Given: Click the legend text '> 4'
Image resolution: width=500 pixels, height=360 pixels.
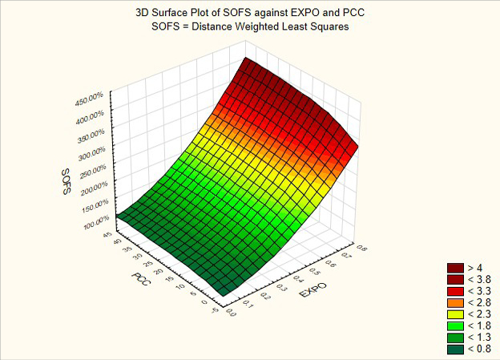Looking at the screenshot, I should (475, 267).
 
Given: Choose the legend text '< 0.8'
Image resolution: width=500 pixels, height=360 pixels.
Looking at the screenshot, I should (479, 349).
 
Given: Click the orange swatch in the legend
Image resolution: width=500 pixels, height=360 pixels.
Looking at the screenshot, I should (455, 302).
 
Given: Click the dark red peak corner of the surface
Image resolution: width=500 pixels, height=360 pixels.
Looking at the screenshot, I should (247, 61).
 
